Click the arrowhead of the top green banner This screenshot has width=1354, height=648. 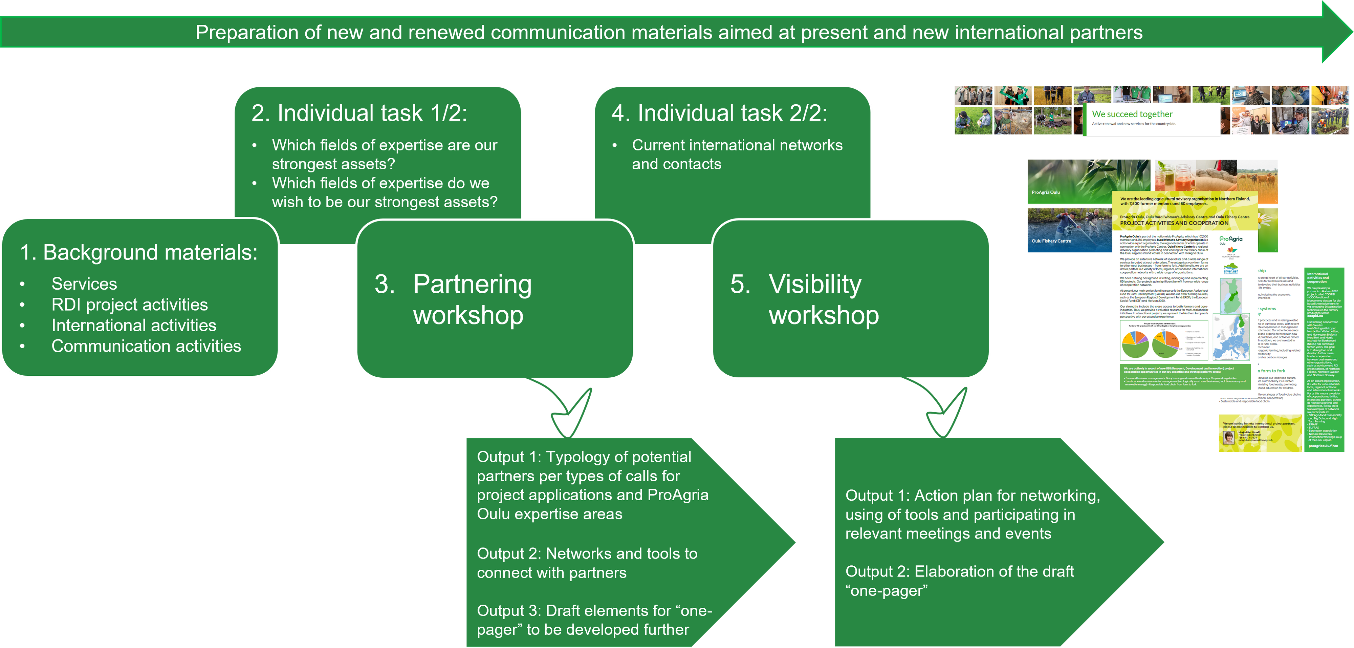point(1338,32)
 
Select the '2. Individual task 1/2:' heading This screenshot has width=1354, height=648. point(359,113)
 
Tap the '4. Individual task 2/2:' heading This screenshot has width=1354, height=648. point(719,113)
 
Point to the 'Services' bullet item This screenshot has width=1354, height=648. point(84,284)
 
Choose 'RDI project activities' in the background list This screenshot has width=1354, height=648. point(129,305)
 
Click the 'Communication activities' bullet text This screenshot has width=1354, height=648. point(146,346)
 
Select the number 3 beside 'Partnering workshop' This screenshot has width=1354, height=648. point(385,285)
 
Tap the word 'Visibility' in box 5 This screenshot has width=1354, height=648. point(815,285)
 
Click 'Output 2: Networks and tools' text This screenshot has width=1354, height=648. point(587,554)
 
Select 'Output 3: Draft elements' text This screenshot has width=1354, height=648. point(594,611)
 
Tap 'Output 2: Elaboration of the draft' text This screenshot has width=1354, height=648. point(959,572)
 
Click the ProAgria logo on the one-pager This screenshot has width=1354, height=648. point(1231,239)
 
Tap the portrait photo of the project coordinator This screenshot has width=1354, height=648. point(1229,437)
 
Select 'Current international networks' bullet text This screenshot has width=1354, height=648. point(737,145)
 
